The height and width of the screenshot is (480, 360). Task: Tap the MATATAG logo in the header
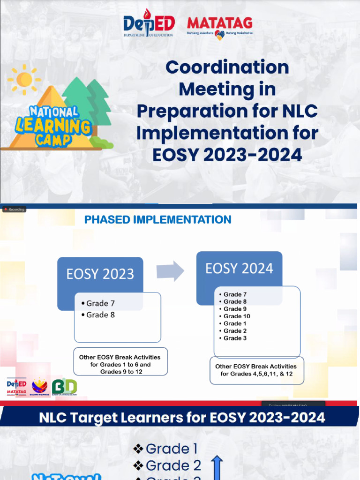tap(219, 27)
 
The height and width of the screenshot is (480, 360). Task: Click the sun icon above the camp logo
tap(24, 79)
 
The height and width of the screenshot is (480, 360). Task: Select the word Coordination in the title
tap(227, 67)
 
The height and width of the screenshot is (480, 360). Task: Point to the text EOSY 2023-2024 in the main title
tap(227, 155)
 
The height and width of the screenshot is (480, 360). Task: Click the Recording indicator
tap(14, 209)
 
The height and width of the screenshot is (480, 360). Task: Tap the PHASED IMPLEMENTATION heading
tap(157, 219)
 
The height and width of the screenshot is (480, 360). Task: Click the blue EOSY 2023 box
tap(100, 274)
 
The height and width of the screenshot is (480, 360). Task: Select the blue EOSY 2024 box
tap(239, 269)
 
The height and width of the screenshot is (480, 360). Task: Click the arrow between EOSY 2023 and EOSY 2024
tap(170, 271)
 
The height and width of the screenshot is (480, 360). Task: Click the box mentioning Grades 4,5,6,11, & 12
tap(256, 370)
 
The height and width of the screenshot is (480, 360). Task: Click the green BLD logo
tap(64, 387)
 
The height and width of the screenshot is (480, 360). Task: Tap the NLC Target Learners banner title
tap(182, 417)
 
